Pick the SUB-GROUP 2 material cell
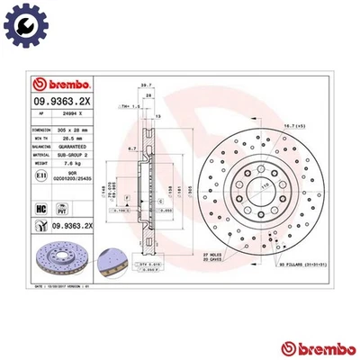72,156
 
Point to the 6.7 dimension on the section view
131,148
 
